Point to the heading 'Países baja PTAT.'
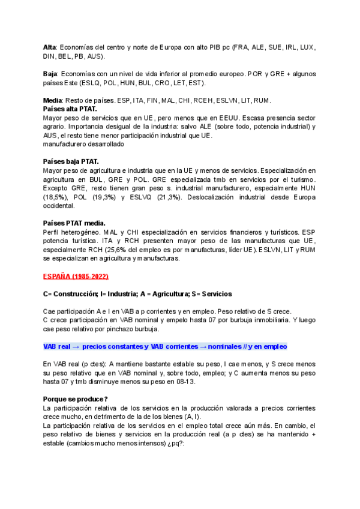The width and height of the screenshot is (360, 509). pos(71,161)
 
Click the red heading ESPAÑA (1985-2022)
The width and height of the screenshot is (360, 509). pos(76,276)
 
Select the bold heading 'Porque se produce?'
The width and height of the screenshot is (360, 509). pos(76,399)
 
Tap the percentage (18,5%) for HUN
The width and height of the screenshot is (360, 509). pos(55,197)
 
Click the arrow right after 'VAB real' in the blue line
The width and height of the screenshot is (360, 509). pos(77,346)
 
